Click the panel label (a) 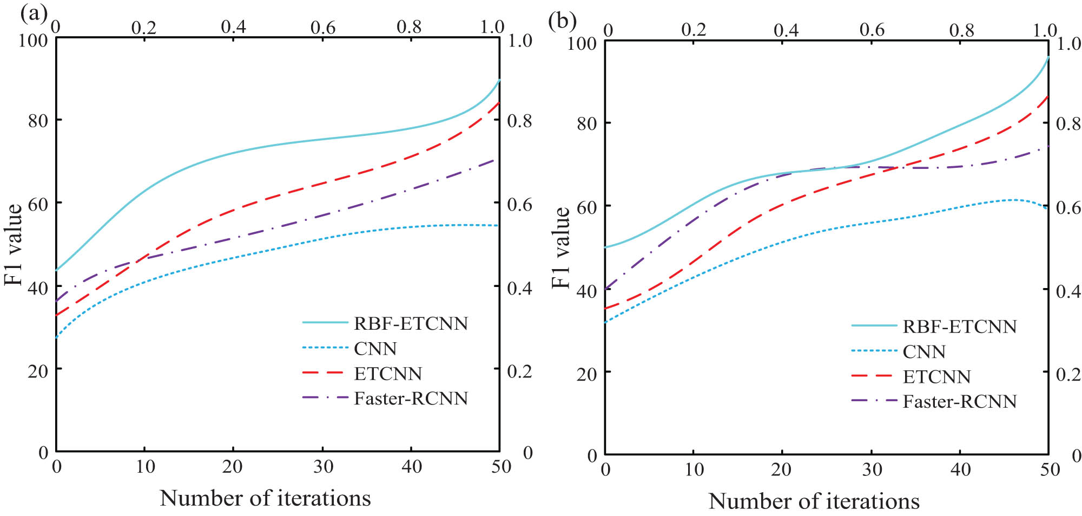(34, 12)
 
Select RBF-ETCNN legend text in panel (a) (411, 323)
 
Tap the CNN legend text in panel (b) (924, 352)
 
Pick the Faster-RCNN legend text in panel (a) (411, 399)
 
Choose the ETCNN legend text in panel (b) (936, 377)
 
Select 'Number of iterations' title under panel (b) (814, 501)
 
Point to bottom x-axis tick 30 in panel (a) (323, 466)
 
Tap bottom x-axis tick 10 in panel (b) (694, 469)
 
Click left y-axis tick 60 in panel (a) (38, 204)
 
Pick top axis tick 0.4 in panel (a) (233, 27)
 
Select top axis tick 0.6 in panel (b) (872, 30)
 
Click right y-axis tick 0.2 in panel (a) (519, 371)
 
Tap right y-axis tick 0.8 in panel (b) (1068, 124)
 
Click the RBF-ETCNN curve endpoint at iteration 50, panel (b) (1048, 57)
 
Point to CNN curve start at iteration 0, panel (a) (57, 337)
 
